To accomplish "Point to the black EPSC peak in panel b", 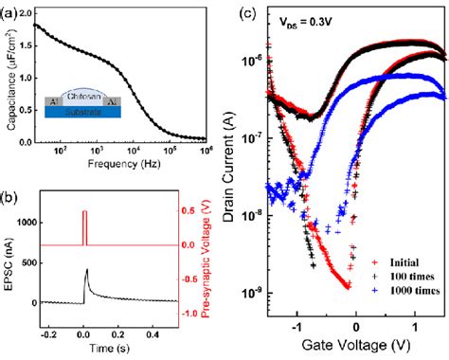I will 87,270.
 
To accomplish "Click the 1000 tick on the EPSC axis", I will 35,223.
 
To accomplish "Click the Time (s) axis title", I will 111,349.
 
